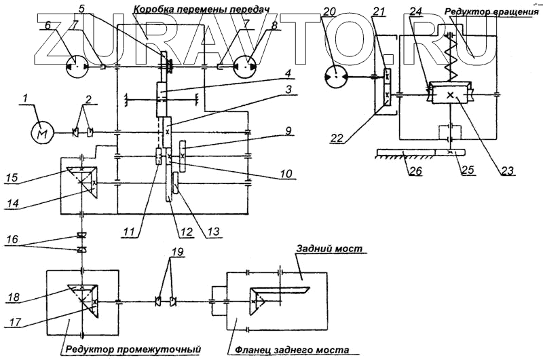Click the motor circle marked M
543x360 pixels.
pos(41,132)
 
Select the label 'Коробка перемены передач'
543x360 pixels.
pos(201,9)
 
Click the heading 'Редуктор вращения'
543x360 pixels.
pos(491,12)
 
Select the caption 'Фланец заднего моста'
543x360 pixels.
pos(292,350)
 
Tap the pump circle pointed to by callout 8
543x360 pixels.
pos(245,67)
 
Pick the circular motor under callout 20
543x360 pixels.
pos(335,77)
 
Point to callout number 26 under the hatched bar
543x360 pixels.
pos(415,170)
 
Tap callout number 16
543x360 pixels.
pos(13,239)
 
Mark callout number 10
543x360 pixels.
pos(286,173)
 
